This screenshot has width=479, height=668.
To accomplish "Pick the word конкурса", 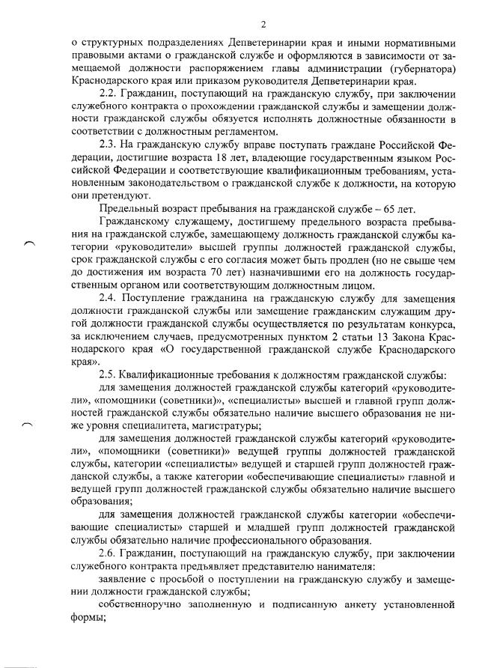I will click(x=427, y=326).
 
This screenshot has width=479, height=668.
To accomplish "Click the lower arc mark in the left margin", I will click(x=29, y=424).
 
